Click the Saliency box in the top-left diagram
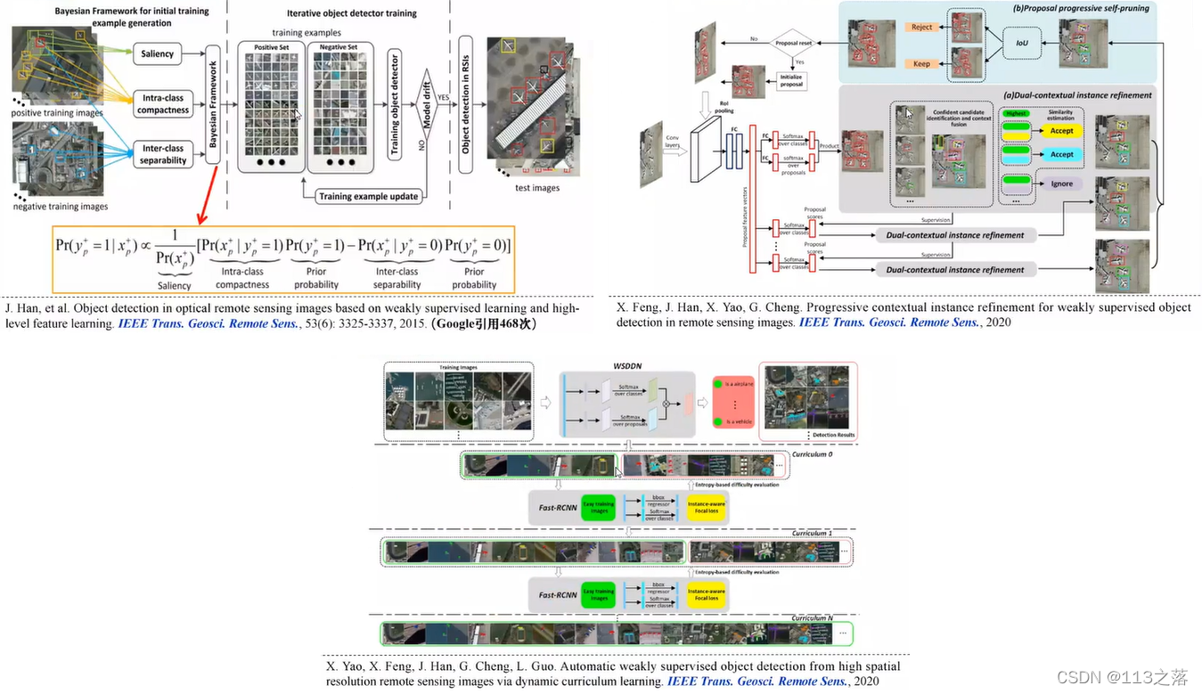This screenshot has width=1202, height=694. point(157,53)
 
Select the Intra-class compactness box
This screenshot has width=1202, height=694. point(163,104)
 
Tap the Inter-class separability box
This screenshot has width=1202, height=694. point(163,154)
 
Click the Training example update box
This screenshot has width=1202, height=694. point(368,196)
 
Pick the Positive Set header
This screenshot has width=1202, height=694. point(271,47)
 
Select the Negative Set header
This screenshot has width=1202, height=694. point(338,47)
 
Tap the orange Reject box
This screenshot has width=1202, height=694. point(921,28)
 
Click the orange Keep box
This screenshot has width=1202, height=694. point(921,64)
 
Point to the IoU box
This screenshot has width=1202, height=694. point(1021,42)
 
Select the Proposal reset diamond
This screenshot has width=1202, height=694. point(792,43)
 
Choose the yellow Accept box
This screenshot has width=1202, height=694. point(1061,130)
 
